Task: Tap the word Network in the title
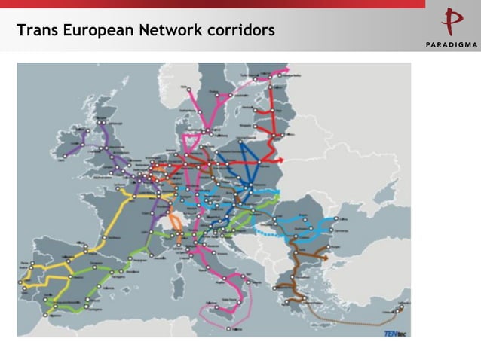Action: tap(169, 31)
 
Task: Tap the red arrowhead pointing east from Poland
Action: tap(280, 160)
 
